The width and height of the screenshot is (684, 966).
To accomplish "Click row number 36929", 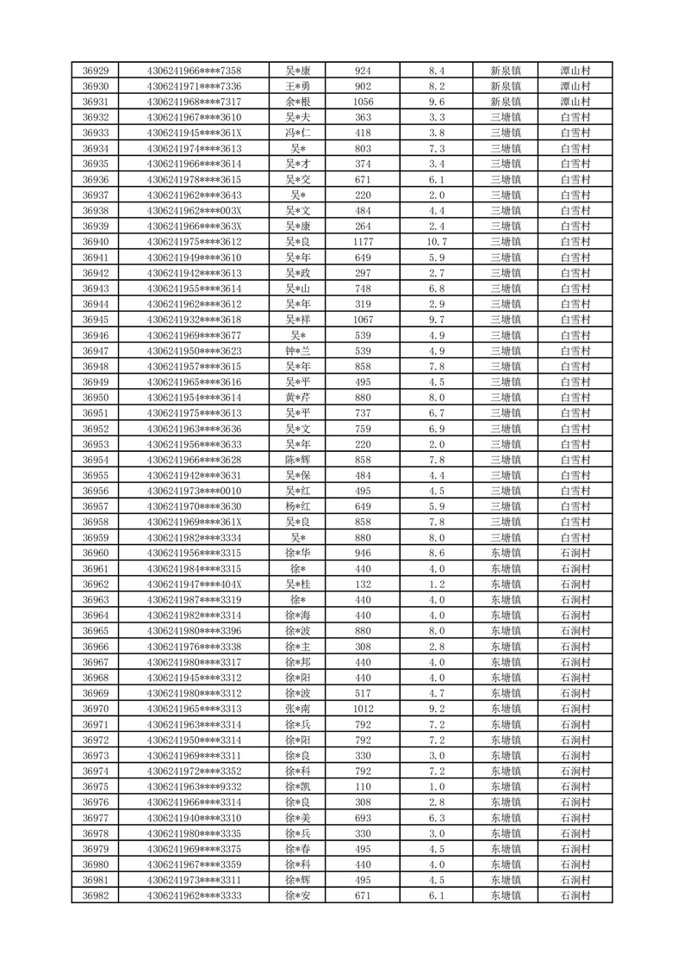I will (95, 71).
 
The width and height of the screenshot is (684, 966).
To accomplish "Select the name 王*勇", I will (297, 86).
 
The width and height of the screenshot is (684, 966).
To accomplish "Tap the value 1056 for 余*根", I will (363, 102).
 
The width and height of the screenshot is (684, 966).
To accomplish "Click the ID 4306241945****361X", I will (194, 133).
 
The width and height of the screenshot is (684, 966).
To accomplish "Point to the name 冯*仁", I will (297, 133).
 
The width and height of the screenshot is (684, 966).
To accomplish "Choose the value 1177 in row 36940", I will (363, 242).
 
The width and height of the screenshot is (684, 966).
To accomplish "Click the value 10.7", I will (436, 242).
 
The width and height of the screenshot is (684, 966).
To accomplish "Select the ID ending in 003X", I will (194, 211).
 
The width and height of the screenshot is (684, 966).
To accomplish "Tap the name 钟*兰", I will (297, 351).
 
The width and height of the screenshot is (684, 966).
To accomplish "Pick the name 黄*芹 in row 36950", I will (297, 398).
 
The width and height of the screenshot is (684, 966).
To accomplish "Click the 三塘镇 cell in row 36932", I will (506, 117).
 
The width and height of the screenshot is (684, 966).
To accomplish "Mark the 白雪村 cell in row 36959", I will (575, 538).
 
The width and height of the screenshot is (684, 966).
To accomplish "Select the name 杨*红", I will (297, 507).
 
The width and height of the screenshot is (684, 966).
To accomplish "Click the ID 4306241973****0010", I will (194, 492).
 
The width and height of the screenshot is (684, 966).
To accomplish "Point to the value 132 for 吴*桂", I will (363, 585).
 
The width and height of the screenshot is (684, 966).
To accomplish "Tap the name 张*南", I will (297, 709).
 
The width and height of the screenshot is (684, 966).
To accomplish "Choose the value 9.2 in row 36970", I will (436, 709).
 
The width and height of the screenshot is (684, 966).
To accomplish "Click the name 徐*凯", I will (297, 787).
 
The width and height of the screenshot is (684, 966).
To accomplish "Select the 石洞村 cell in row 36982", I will (575, 896).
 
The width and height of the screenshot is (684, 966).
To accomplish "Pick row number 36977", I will (95, 818).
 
